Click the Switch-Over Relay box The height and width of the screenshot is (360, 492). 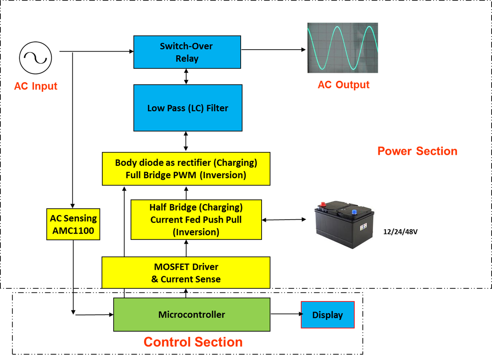click(x=187, y=52)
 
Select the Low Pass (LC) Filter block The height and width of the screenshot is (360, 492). click(x=188, y=108)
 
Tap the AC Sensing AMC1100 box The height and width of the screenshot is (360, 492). click(x=73, y=224)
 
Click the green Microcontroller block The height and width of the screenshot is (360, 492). click(x=192, y=314)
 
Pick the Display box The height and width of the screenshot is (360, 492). click(x=327, y=315)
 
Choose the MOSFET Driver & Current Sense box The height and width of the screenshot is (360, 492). click(x=186, y=273)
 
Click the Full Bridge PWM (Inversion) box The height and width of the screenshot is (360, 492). click(x=186, y=169)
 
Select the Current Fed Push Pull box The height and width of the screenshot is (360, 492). click(x=196, y=220)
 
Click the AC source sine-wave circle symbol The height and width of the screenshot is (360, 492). click(x=36, y=58)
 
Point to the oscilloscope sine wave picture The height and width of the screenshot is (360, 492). click(x=343, y=48)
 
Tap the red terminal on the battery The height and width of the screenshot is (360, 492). click(x=323, y=205)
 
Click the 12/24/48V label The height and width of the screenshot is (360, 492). click(x=400, y=232)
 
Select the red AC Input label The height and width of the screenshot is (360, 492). click(x=36, y=86)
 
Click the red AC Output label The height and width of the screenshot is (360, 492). click(x=343, y=85)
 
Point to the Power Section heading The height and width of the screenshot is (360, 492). click(x=417, y=151)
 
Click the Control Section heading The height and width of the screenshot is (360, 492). click(x=193, y=342)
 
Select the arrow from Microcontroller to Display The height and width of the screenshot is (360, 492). click(x=286, y=314)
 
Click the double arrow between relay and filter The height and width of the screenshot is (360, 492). click(x=186, y=77)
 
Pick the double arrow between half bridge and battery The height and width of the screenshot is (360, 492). click(x=284, y=220)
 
